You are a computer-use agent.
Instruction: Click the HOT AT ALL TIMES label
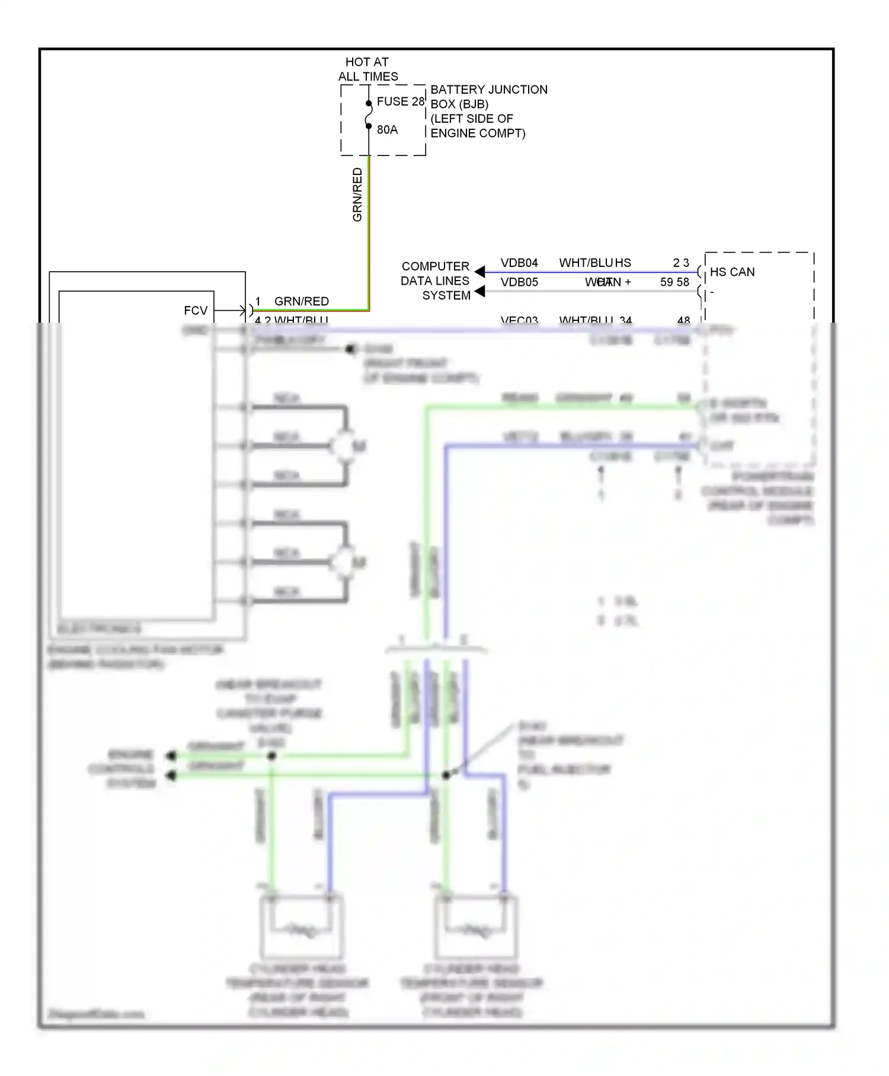pos(367,69)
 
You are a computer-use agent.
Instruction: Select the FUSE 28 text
pos(401,101)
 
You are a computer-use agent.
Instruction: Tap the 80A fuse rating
pos(387,130)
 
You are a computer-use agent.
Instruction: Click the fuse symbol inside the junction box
pos(369,114)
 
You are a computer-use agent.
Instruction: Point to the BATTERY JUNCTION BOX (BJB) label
pos(488,97)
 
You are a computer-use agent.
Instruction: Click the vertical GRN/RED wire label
pos(357,195)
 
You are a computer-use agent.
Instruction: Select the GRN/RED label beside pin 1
pos(301,301)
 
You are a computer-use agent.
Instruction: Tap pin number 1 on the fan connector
pos(258,301)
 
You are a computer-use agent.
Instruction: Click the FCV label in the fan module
pos(196,311)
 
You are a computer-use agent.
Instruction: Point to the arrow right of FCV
pos(231,310)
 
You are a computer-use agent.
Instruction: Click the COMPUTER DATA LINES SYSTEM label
pos(436,281)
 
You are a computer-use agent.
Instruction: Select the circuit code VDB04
pos(519,263)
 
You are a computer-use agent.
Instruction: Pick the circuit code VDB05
pos(519,282)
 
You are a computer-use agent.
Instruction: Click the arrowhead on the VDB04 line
pos(480,272)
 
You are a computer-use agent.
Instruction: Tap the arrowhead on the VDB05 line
pos(480,291)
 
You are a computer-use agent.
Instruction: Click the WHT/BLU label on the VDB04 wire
pos(586,263)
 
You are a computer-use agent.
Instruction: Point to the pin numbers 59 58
pos(674,282)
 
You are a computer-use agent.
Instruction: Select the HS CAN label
pos(732,272)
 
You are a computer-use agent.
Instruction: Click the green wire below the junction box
pos(369,237)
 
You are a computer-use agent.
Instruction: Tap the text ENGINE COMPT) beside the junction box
pos(478,133)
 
